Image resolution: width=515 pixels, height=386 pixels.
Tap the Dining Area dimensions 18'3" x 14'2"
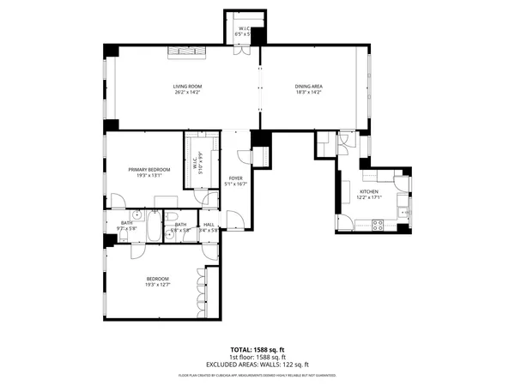(308, 92)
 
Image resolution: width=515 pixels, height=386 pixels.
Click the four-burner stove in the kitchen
(377, 225)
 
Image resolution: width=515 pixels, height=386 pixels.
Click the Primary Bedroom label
(149, 170)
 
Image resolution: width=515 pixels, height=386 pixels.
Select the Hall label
(209, 225)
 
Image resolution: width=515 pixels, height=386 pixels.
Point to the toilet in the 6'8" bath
(172, 216)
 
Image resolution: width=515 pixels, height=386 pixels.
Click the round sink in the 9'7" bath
(137, 215)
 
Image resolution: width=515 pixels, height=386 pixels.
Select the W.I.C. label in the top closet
(244, 28)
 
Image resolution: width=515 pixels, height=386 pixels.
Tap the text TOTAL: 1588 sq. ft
(257, 349)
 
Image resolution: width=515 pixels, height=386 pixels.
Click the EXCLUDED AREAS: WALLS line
(257, 365)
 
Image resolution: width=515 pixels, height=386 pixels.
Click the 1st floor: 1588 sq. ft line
(257, 358)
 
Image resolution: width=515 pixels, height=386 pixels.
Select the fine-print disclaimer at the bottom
(257, 376)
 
